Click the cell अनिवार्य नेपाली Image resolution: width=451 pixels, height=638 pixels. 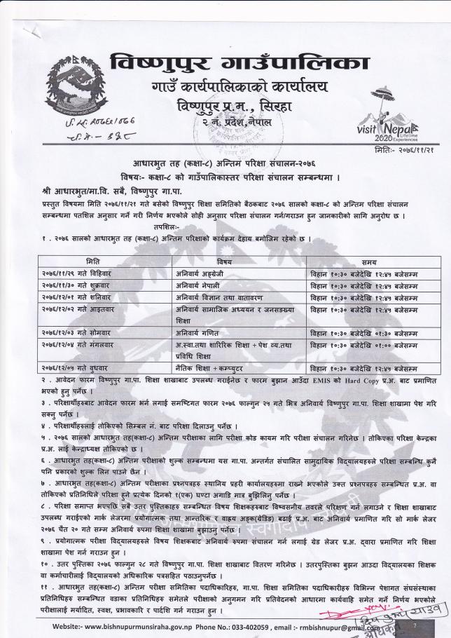tap(195, 285)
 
